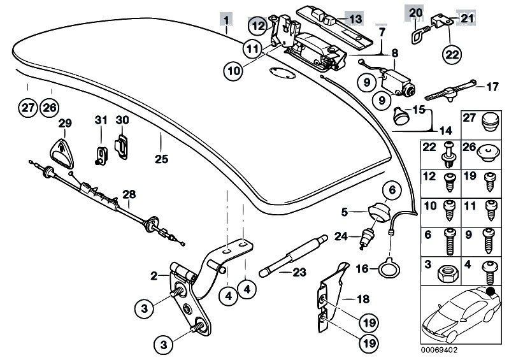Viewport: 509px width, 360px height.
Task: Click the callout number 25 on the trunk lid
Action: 161,159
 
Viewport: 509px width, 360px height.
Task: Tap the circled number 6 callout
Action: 391,189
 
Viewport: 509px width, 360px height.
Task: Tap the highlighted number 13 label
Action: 354,18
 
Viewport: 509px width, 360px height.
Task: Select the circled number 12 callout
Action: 257,26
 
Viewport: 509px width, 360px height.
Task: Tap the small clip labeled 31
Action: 100,155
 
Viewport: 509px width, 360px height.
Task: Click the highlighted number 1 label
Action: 227,17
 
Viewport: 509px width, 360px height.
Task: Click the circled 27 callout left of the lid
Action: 27,107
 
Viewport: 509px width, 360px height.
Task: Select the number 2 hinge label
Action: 154,276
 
